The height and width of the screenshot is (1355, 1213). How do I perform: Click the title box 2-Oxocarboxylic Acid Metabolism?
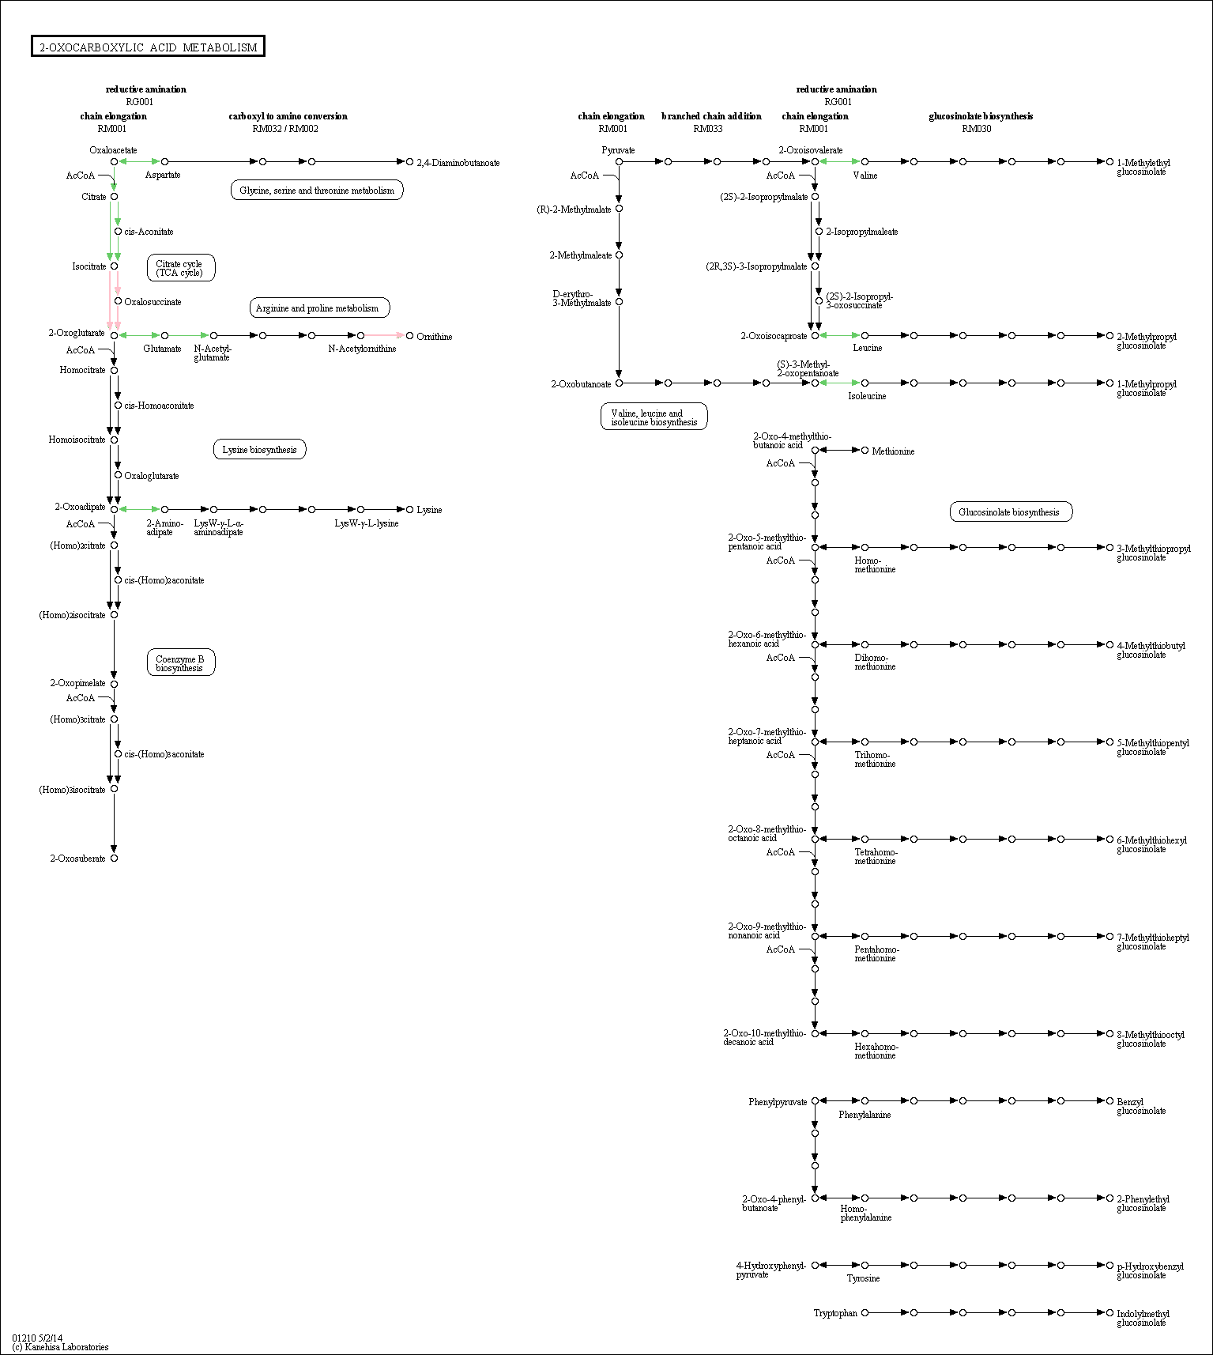coord(148,47)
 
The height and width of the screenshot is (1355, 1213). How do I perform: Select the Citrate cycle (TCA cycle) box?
coord(181,268)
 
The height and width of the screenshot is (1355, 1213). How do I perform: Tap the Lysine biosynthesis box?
coord(259,450)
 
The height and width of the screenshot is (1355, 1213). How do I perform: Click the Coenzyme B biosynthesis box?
coord(181,662)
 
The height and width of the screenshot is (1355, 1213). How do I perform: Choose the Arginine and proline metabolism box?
coord(319,308)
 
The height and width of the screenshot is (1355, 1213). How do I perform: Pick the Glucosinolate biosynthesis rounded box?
coord(1011,511)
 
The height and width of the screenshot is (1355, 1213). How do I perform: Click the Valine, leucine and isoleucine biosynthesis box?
coord(654,417)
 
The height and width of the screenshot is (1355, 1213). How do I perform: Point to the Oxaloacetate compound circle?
coord(114,161)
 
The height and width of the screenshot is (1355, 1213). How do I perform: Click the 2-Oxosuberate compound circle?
coord(114,858)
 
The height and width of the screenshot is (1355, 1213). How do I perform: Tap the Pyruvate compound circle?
coord(619,161)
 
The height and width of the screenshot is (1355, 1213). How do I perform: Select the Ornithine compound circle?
coord(409,335)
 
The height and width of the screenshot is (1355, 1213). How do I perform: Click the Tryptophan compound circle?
coord(865,1312)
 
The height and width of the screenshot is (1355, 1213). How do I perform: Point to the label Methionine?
coord(893,451)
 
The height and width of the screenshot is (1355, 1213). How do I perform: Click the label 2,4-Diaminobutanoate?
coord(458,163)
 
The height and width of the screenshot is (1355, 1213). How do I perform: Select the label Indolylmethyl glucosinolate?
coord(1143,1318)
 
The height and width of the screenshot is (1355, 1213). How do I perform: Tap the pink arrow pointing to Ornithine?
coord(384,335)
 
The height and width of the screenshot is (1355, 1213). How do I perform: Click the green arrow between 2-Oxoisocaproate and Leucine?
coord(840,335)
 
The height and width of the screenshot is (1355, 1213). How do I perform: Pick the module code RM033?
coord(708,129)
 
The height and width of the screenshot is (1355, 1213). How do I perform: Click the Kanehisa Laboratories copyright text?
coord(60,1347)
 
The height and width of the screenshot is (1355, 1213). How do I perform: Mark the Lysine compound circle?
coord(409,509)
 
